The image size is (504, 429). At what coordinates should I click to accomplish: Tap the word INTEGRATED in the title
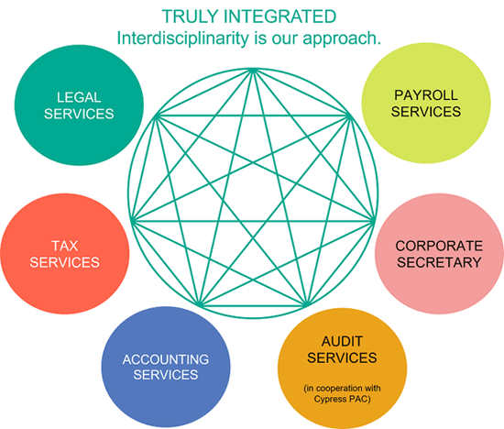279,16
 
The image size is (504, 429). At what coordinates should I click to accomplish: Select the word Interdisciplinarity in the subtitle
182,38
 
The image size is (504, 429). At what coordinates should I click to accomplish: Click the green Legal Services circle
79,105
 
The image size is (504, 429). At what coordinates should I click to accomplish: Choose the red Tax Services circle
65,254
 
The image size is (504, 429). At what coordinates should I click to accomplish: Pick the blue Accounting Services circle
166,367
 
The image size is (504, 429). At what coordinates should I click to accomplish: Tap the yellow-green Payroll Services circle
426,103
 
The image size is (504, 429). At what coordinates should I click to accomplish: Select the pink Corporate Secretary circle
439,254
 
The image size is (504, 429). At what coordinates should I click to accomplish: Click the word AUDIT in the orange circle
342,342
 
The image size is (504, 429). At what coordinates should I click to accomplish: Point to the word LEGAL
79,97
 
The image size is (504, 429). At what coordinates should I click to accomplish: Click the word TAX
65,246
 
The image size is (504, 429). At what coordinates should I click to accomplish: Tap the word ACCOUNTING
166,359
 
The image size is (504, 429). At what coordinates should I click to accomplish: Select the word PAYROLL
426,95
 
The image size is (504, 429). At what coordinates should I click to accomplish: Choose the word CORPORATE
439,246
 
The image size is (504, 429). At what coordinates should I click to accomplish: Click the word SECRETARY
439,262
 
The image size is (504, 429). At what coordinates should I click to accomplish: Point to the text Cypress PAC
342,399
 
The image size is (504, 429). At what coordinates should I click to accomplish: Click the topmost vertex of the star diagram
253,69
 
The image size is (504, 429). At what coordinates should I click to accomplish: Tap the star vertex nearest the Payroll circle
350,116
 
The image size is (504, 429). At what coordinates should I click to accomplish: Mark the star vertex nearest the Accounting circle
199,305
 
